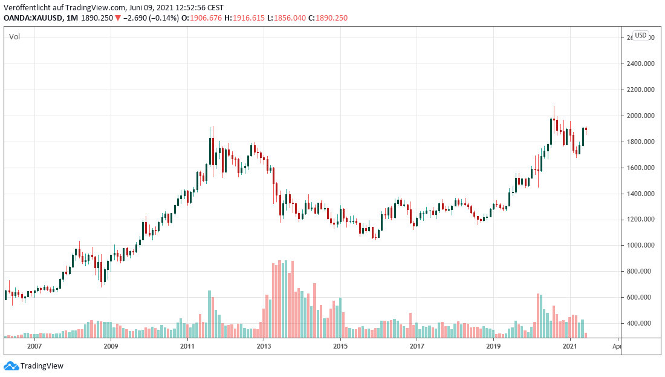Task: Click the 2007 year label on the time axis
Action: click(x=34, y=347)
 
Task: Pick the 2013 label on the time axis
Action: click(x=264, y=347)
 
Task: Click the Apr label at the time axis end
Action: click(x=616, y=347)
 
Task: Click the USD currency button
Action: click(x=640, y=36)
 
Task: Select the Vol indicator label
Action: click(x=14, y=37)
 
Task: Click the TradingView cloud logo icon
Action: click(x=11, y=366)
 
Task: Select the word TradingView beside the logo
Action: click(x=42, y=366)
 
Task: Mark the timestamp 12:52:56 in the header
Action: click(x=188, y=7)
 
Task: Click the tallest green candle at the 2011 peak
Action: click(x=210, y=151)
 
